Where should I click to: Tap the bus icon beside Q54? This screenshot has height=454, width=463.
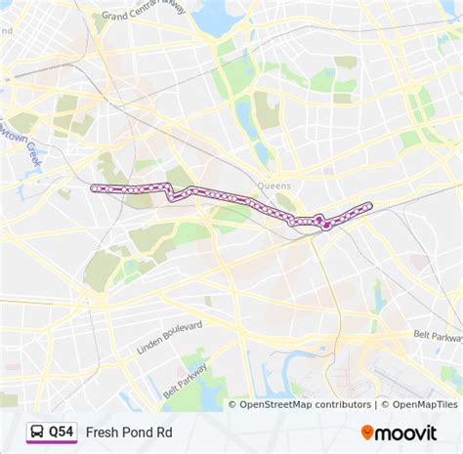pos(36,431)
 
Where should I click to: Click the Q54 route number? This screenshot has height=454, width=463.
pos(62,431)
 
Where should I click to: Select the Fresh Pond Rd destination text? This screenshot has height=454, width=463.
pos(125,431)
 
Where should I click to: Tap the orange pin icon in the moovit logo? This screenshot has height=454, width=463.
pos(367,432)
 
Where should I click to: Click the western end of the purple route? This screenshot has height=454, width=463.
pos(93,187)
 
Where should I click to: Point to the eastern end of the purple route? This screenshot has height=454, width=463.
pos(369,205)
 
